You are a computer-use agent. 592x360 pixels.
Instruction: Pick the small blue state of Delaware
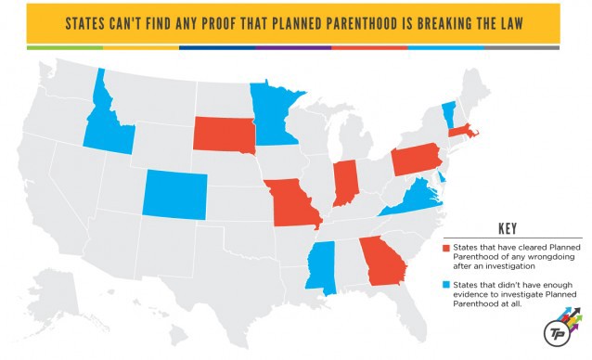442,175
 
